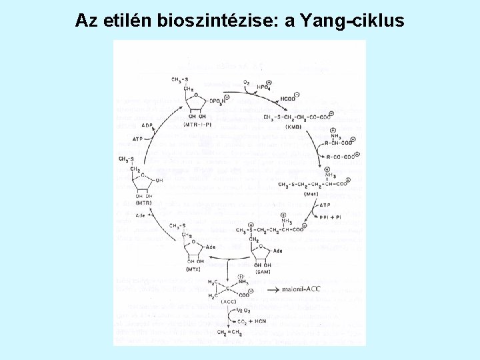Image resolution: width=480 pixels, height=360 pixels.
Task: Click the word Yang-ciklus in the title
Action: click(352, 21)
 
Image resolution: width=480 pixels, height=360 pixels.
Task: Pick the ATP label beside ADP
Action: click(138, 139)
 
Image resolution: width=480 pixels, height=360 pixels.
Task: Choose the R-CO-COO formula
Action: click(339, 157)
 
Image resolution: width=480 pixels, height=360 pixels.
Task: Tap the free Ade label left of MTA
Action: click(140, 215)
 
